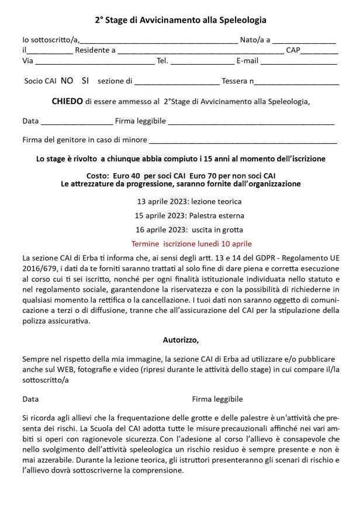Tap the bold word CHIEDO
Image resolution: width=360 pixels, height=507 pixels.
click(67, 101)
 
